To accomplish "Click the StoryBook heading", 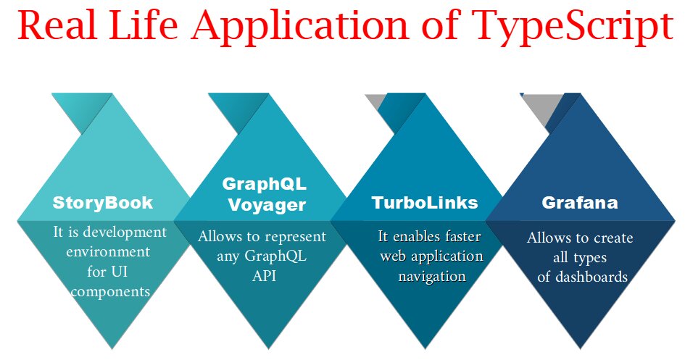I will pos(103,202).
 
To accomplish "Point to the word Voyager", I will pos(267,204).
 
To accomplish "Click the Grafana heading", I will pos(580,203).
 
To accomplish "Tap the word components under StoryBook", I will pos(109,291).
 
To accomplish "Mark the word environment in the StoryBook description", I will pos(109,252).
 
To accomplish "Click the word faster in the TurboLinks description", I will pos(462,236).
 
